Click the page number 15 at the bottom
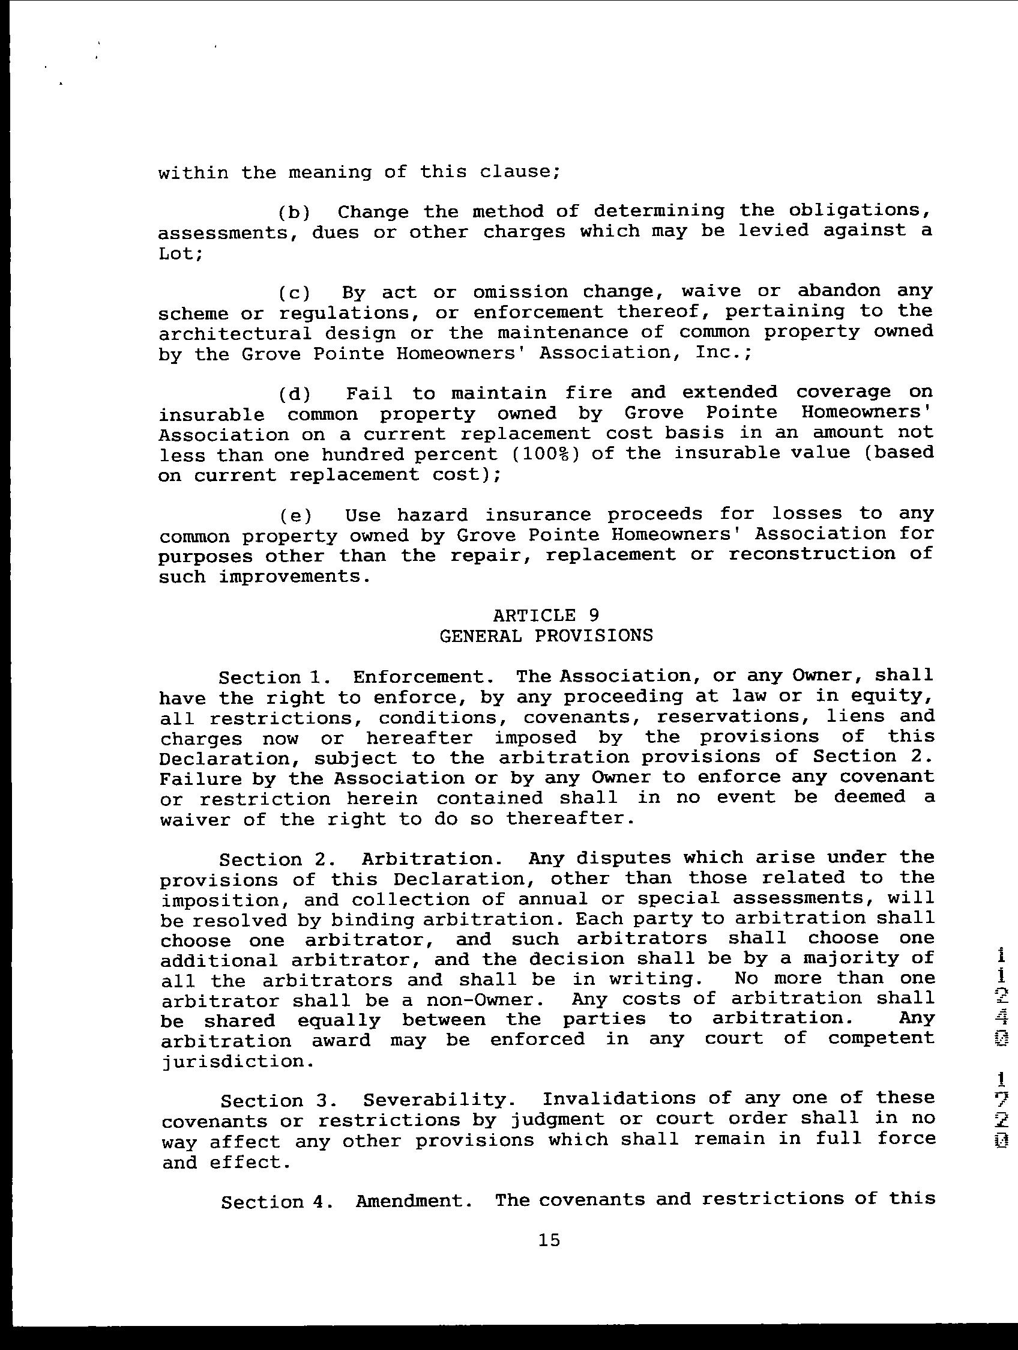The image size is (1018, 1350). point(549,1240)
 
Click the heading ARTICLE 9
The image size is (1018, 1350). point(545,614)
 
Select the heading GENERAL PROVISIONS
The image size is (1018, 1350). point(545,636)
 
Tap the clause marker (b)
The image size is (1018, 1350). point(295,213)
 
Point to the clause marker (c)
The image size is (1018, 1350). point(295,293)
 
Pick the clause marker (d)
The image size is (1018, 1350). point(295,393)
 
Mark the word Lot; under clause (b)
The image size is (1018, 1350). point(180,253)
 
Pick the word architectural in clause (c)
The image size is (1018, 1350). point(235,333)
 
